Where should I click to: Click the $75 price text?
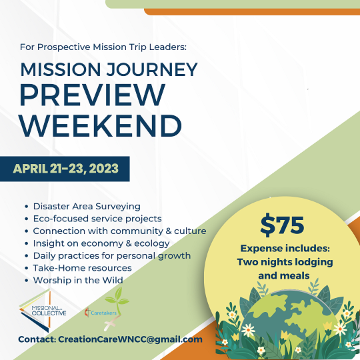(x=282, y=225)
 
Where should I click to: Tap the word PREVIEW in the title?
(x=93, y=95)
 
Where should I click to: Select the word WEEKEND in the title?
(x=101, y=125)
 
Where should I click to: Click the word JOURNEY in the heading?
(x=152, y=69)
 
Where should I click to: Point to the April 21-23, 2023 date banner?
(x=65, y=169)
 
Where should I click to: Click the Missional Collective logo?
(x=43, y=311)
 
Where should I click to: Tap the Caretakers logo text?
(x=103, y=313)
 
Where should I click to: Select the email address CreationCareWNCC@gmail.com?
(x=130, y=339)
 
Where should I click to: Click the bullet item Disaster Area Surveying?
(x=87, y=207)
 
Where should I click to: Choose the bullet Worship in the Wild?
(x=78, y=280)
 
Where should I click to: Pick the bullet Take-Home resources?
(x=83, y=268)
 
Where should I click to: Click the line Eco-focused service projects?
(x=97, y=219)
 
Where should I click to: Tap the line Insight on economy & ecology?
(x=101, y=243)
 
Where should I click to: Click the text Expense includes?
(x=285, y=249)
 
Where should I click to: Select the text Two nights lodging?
(x=285, y=262)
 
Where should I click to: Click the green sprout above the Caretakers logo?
(x=117, y=299)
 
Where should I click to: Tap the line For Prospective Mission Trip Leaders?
(x=103, y=47)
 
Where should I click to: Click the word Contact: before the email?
(x=37, y=339)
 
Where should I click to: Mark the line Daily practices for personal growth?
(x=112, y=256)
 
